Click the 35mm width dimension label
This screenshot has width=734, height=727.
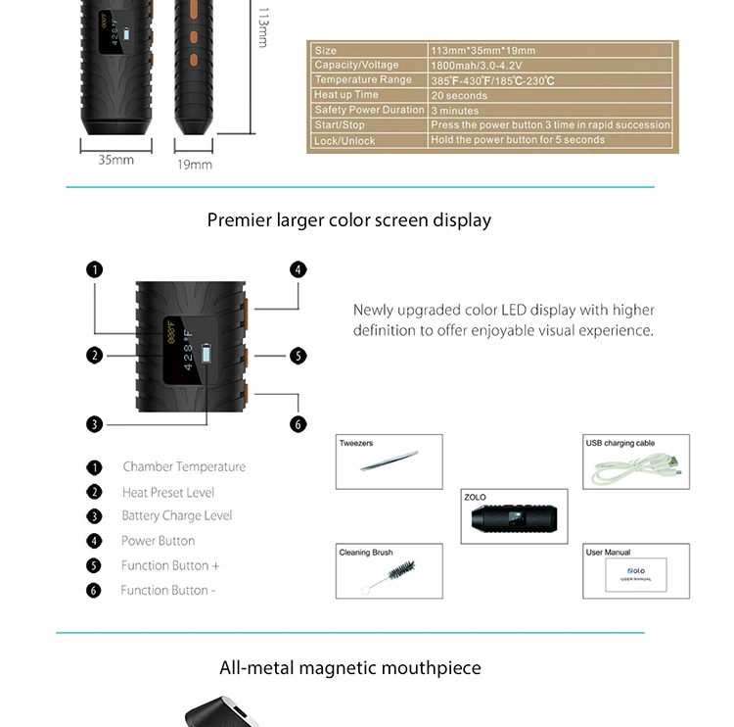click(115, 160)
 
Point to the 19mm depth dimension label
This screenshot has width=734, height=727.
click(195, 165)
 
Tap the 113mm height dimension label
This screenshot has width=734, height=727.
click(263, 27)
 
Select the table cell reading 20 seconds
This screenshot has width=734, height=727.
click(459, 96)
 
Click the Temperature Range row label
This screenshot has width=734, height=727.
click(363, 80)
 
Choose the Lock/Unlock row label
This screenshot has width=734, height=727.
click(344, 141)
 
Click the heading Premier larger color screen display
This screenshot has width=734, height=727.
click(349, 219)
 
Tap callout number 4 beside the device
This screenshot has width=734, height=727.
click(298, 269)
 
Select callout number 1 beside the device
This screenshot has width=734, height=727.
click(94, 269)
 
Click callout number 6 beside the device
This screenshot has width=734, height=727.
click(298, 424)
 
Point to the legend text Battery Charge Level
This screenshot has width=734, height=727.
click(177, 515)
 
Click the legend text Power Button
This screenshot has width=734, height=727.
click(158, 541)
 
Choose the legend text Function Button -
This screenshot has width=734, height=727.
click(167, 590)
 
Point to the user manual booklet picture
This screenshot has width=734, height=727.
click(635, 572)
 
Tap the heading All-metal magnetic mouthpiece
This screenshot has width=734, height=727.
click(350, 668)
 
